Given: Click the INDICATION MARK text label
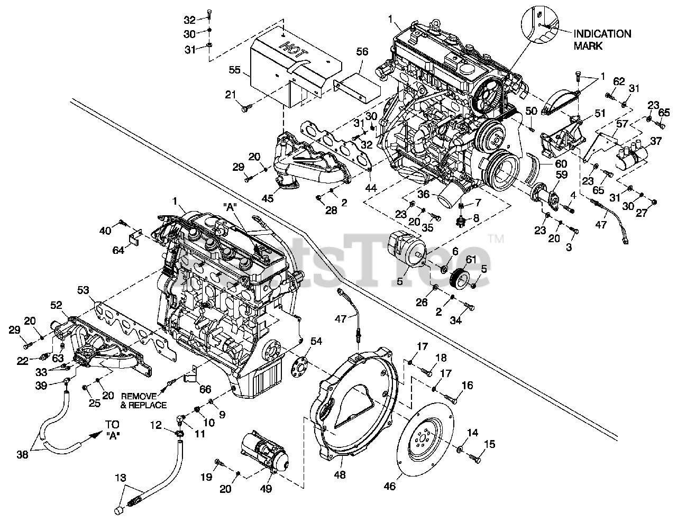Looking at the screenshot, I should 602,40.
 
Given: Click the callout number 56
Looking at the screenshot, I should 362,51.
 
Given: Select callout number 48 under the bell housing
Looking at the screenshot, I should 340,475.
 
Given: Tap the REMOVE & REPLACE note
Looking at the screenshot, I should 143,400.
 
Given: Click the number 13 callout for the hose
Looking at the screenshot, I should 121,478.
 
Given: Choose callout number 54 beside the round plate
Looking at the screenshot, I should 316,341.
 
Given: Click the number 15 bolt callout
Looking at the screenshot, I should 490,444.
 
